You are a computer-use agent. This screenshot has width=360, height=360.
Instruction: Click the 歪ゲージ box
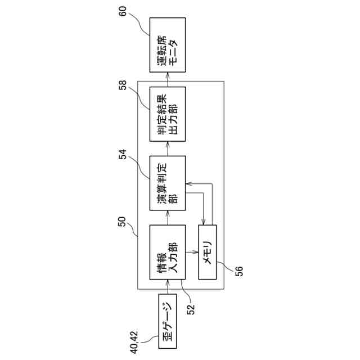167,325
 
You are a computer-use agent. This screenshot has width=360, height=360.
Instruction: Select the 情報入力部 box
167,252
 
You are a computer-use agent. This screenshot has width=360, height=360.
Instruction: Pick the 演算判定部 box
167,183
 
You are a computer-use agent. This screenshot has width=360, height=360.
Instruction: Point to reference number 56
238,271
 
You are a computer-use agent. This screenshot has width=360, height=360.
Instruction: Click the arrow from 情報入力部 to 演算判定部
167,217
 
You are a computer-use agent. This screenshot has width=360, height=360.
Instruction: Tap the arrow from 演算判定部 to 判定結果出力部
167,148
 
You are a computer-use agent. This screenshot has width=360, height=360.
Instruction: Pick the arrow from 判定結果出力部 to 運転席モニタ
167,79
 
